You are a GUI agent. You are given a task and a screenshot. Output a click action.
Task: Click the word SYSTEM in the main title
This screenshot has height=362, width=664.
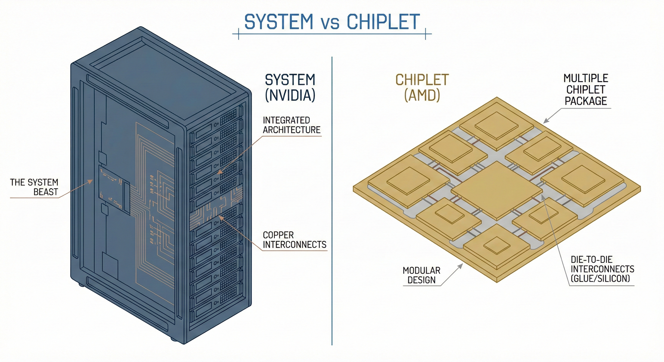pyautogui.click(x=279, y=22)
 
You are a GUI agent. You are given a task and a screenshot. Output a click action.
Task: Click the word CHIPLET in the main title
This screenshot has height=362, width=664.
pyautogui.click(x=383, y=22)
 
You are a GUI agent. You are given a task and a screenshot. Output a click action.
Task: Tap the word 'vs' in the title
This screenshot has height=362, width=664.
pyautogui.click(x=330, y=23)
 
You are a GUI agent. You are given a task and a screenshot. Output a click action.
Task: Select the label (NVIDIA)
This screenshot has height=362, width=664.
pyautogui.click(x=290, y=96)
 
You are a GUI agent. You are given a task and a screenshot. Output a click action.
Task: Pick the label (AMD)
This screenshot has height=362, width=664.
pyautogui.click(x=422, y=96)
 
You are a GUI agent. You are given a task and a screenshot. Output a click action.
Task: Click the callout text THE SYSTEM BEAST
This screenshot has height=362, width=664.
pyautogui.click(x=34, y=187)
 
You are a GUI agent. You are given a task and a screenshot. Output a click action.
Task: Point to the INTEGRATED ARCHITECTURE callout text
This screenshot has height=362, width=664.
pyautogui.click(x=291, y=125)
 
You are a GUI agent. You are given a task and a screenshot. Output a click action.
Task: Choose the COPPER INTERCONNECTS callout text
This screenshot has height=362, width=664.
pyautogui.click(x=294, y=240)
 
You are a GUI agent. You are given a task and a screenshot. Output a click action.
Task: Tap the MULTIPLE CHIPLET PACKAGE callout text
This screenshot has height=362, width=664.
pyautogui.click(x=586, y=90)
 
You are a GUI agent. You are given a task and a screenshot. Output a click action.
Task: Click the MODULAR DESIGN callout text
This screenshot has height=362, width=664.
pyautogui.click(x=421, y=275)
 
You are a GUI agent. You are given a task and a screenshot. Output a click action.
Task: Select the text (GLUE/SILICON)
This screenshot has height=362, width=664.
pyautogui.click(x=600, y=279)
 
